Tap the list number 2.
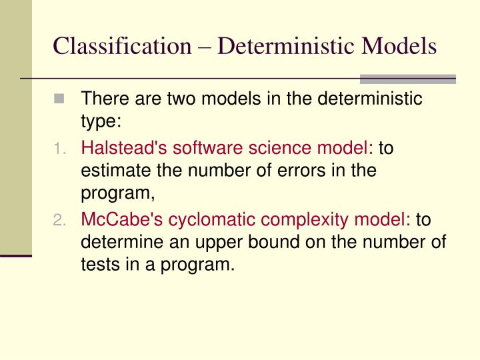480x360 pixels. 60,219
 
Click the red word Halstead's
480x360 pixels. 118,147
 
